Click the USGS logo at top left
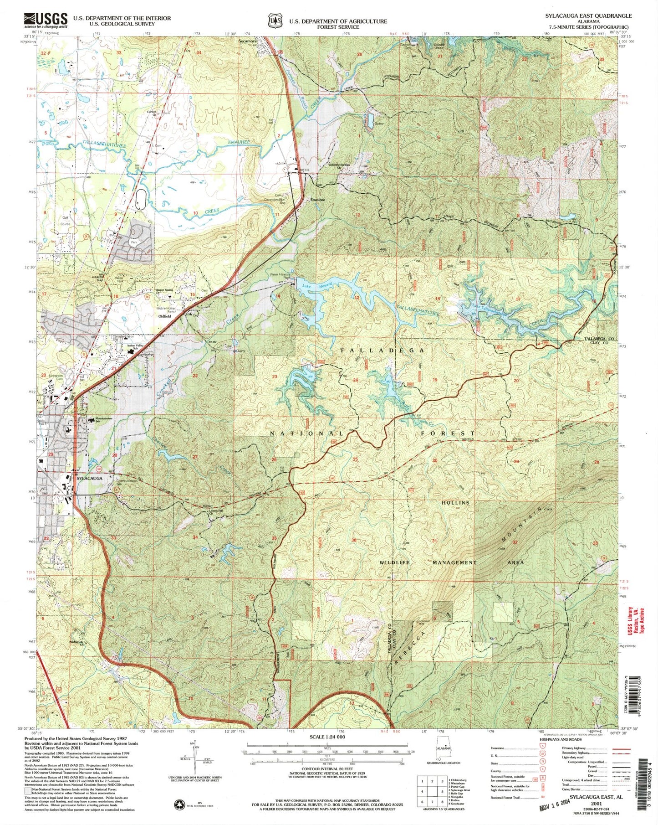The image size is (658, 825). click(x=46, y=20)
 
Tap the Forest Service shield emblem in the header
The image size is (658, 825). click(x=273, y=21)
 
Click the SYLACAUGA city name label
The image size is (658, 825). click(x=89, y=479)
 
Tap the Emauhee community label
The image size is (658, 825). click(x=317, y=200)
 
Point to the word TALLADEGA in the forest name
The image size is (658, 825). click(x=383, y=350)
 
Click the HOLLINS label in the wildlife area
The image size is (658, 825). click(x=455, y=502)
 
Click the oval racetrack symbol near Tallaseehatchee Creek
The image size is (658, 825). click(x=141, y=199)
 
